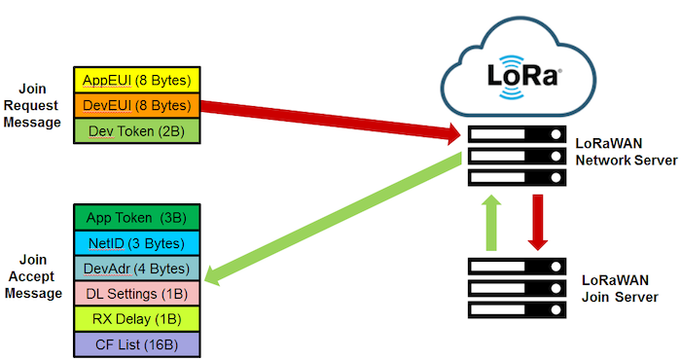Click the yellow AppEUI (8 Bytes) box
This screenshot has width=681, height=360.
click(x=136, y=80)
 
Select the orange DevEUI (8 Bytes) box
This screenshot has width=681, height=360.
click(x=136, y=105)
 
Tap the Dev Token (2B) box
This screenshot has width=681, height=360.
click(x=136, y=130)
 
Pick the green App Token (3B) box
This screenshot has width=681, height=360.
click(x=136, y=216)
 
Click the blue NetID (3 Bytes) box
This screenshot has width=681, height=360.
click(x=136, y=241)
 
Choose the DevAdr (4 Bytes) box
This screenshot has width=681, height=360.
click(x=136, y=268)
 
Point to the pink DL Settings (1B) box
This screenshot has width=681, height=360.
click(x=136, y=293)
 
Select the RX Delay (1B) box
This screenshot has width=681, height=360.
click(x=136, y=318)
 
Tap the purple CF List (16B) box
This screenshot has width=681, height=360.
click(x=136, y=343)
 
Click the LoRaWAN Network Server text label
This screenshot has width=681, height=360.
click(x=620, y=152)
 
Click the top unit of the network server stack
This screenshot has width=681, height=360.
click(x=517, y=135)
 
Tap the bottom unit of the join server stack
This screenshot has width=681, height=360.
click(x=517, y=308)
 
